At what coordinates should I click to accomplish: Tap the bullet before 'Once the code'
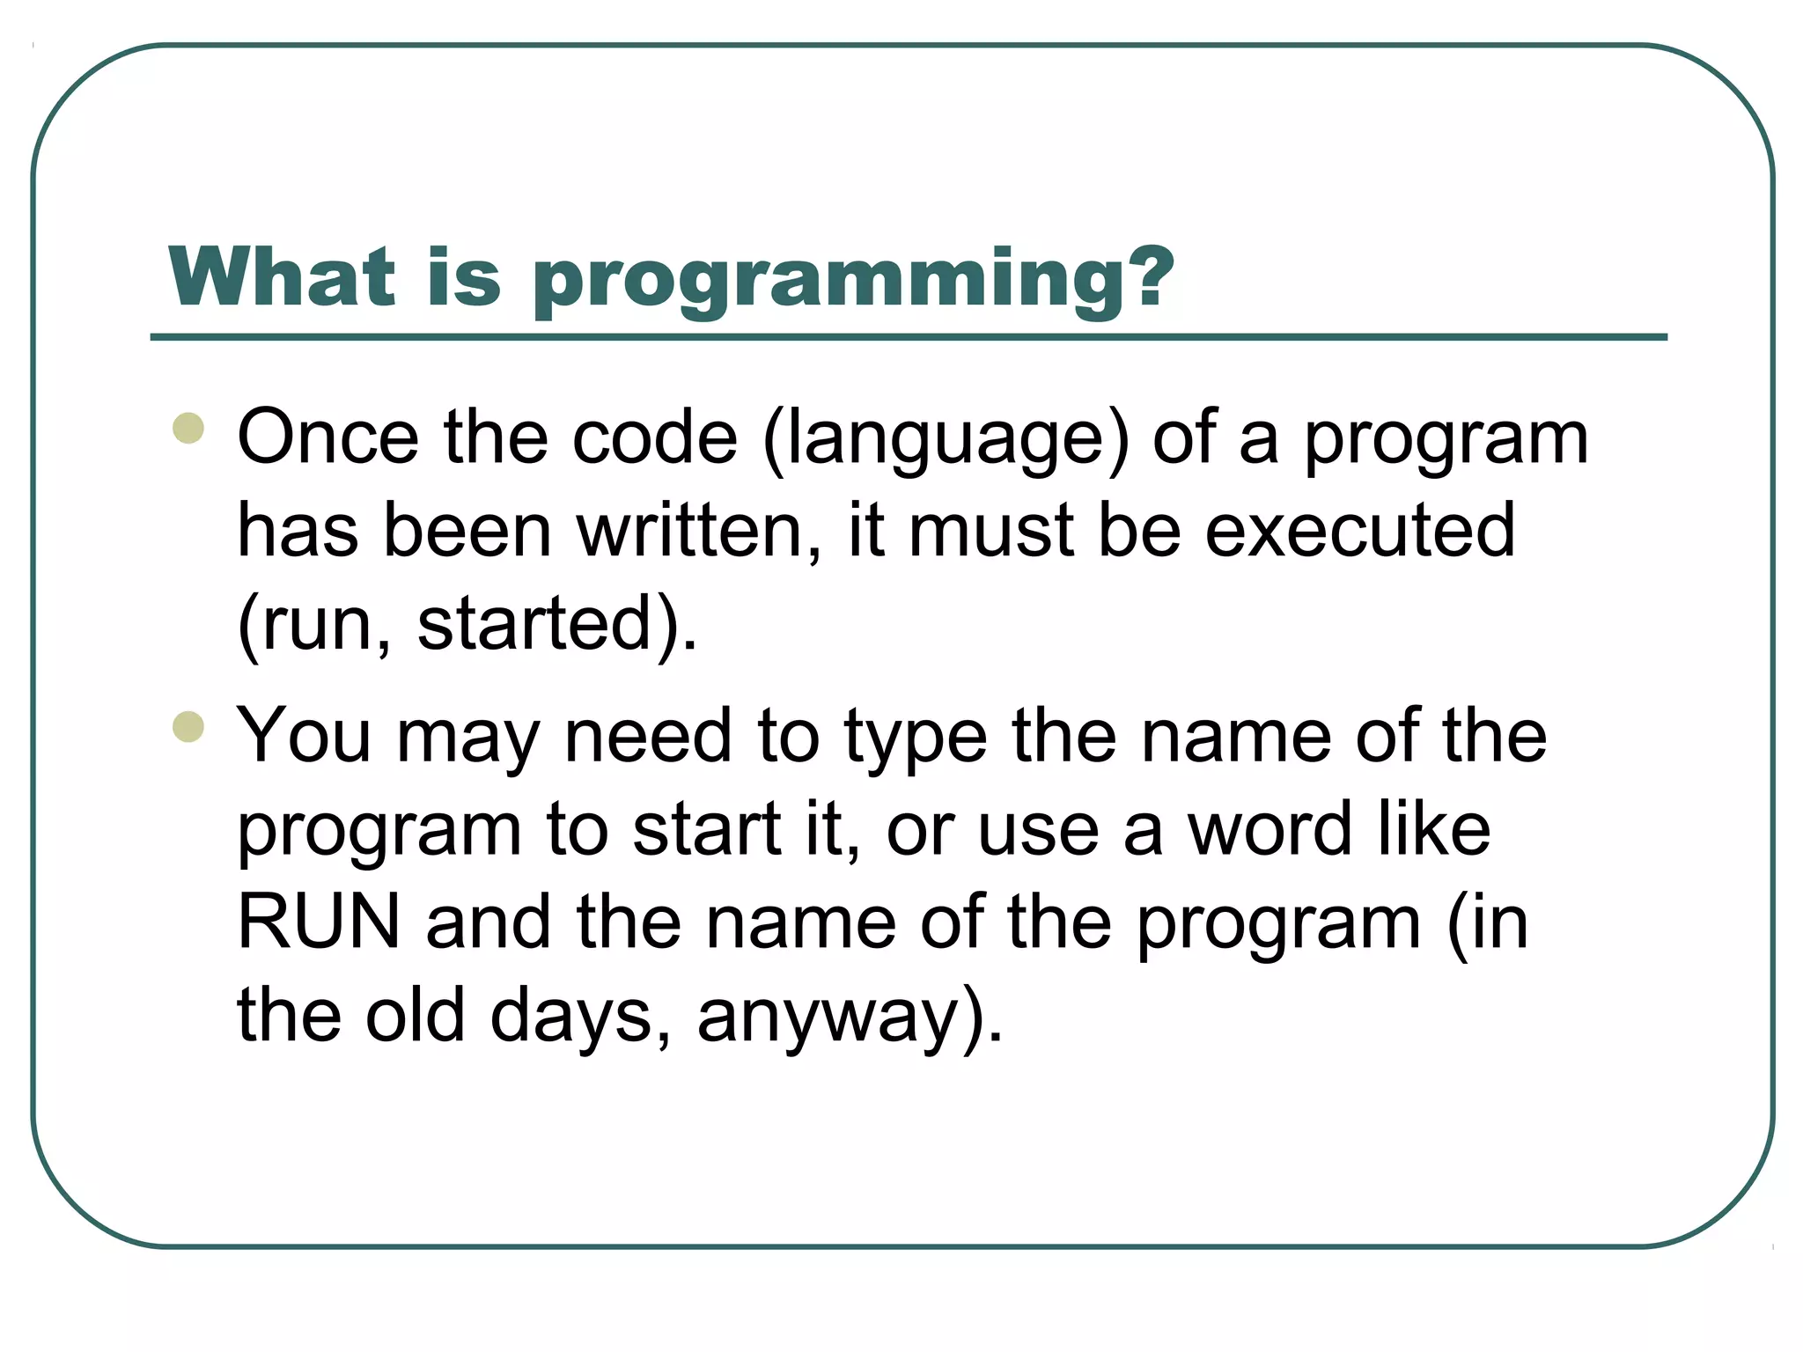(x=188, y=429)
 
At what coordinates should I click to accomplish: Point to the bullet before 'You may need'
(x=188, y=727)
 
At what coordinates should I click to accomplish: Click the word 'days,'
(x=582, y=1018)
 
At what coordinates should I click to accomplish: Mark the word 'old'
(x=415, y=1015)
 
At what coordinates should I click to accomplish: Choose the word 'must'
(x=990, y=533)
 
